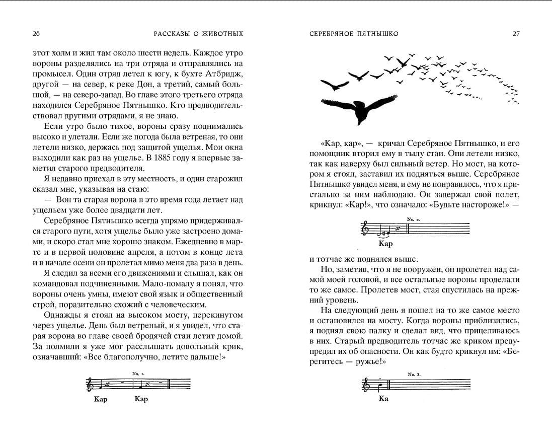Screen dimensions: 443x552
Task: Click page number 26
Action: point(36,34)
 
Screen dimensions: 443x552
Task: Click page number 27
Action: point(516,34)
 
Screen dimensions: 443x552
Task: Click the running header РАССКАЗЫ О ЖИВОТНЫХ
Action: point(198,34)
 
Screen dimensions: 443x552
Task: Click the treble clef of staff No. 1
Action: point(91,385)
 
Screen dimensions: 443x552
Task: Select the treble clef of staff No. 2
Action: point(365,230)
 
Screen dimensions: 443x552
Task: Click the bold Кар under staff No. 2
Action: point(385,244)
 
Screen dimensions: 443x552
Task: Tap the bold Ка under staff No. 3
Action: point(383,399)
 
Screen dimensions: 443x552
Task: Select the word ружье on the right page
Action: point(358,361)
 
